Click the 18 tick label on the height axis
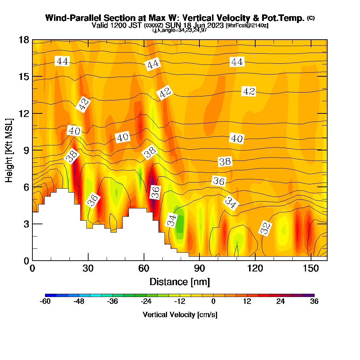pos(23,40)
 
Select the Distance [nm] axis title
pos(180,282)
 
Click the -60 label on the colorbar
pos(45,302)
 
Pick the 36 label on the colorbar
pos(314,302)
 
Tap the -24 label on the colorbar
pos(146,302)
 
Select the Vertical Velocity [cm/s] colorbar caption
pos(180,315)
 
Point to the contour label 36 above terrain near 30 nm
pos(93,200)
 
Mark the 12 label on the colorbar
pos(247,302)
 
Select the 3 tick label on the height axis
pos(26,224)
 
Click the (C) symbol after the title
pos(311,18)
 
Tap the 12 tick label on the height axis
pos(23,113)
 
